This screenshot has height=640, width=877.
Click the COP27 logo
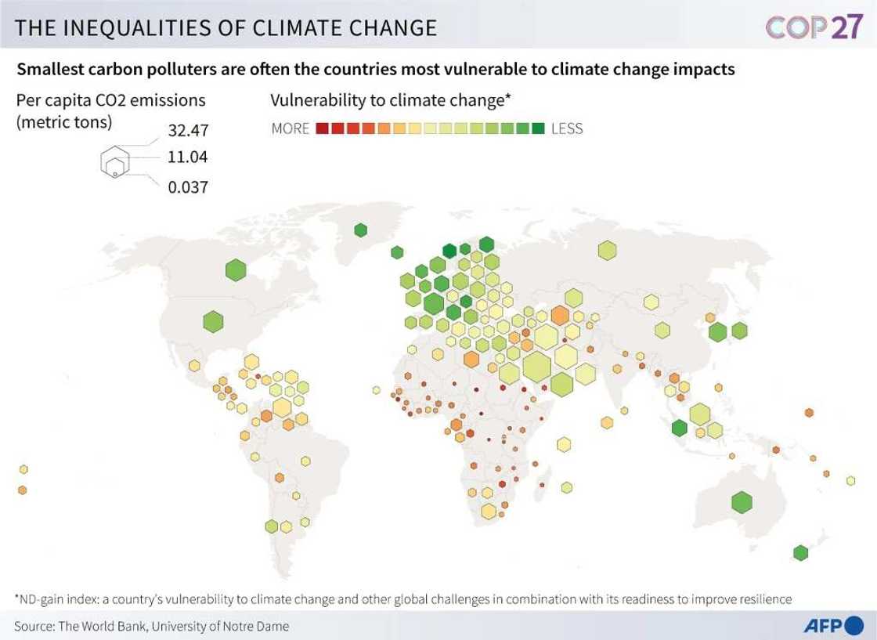(x=814, y=27)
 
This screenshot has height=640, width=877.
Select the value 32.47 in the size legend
(x=188, y=131)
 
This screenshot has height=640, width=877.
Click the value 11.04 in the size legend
(x=187, y=157)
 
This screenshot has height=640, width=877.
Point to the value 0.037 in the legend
(x=188, y=187)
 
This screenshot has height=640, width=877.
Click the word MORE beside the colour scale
(x=291, y=128)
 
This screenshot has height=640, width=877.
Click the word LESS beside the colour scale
(x=567, y=128)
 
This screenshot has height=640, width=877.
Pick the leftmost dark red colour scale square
(x=321, y=128)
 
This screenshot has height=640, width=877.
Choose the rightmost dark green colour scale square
(x=538, y=128)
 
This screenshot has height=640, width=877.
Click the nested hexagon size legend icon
(x=114, y=161)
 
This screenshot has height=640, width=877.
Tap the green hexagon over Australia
(x=741, y=501)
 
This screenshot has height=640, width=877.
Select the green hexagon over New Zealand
(x=799, y=552)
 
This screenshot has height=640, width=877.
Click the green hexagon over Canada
(x=236, y=271)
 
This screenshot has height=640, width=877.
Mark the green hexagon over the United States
(x=213, y=321)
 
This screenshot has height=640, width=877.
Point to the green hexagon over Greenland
(x=360, y=230)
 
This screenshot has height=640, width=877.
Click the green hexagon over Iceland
(x=397, y=252)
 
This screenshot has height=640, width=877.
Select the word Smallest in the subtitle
(x=49, y=69)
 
